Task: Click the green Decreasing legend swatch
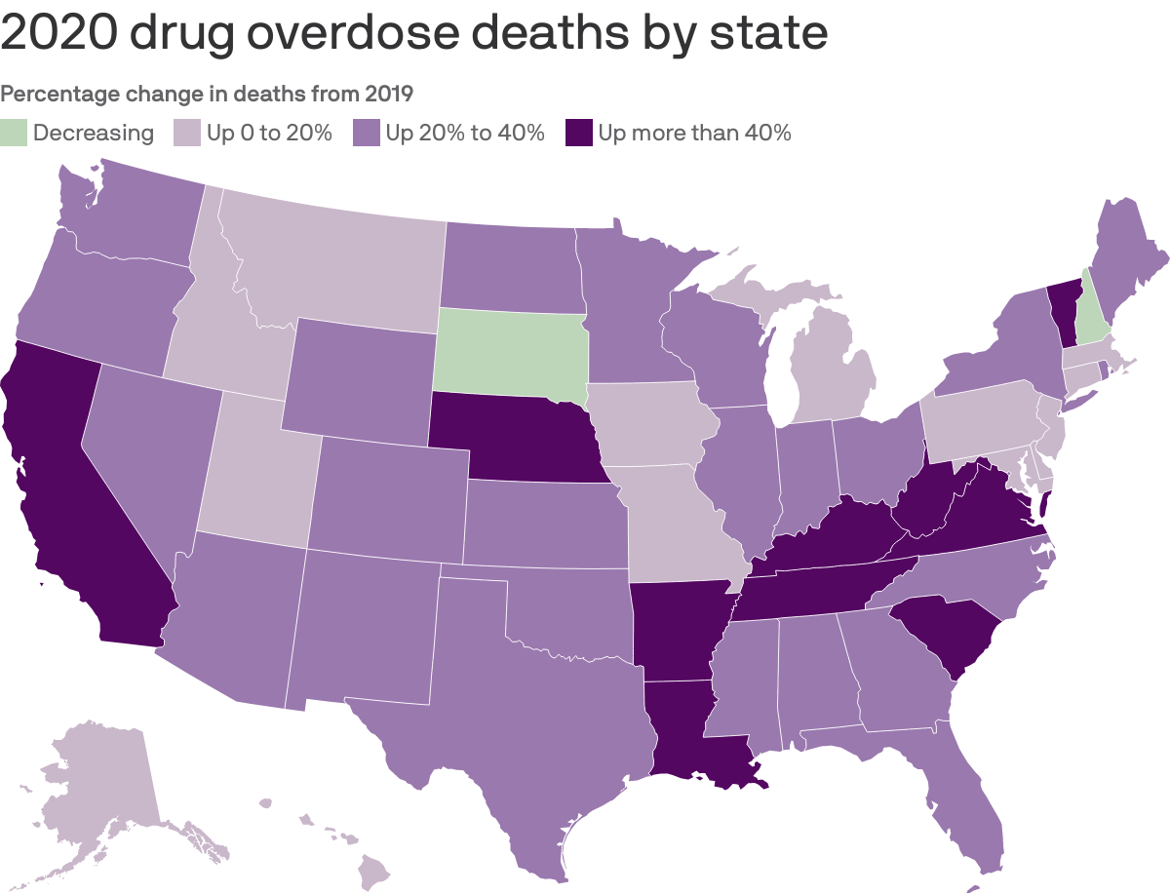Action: coord(15,133)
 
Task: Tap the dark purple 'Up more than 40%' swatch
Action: coord(579,133)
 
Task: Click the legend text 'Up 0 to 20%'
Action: coord(269,133)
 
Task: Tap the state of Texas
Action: coord(507,721)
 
